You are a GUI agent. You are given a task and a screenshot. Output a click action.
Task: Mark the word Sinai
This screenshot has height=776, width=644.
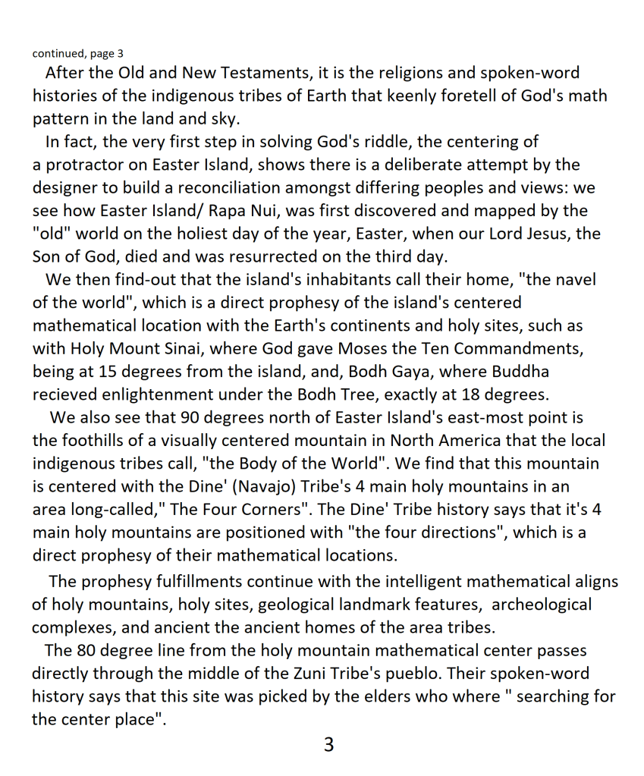point(193,349)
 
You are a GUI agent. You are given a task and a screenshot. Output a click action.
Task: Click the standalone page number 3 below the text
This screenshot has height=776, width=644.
point(328,746)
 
